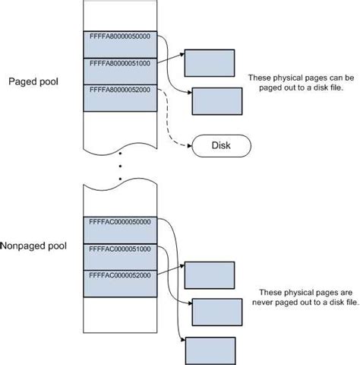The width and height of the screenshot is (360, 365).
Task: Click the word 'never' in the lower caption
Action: coord(268,303)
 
